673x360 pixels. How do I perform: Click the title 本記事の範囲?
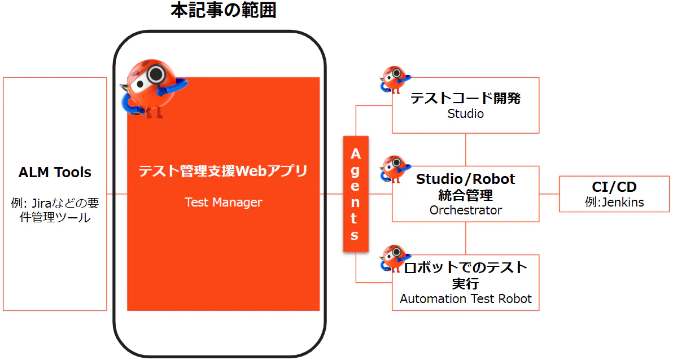(223, 10)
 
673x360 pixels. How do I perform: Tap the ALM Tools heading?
(55, 173)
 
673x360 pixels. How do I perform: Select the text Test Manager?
(223, 202)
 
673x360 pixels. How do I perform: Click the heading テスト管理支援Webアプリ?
(223, 171)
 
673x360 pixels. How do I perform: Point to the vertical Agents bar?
(356, 194)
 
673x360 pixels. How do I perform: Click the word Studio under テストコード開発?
(466, 114)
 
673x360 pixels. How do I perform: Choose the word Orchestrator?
(466, 210)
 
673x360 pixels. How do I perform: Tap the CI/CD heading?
(614, 187)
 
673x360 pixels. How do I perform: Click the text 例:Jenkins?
(614, 202)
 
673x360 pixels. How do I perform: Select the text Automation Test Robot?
(466, 298)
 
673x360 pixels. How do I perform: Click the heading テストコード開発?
(466, 98)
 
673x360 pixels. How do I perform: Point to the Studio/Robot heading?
(466, 179)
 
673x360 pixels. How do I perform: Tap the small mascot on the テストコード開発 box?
(395, 80)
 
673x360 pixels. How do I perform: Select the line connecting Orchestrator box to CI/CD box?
(549, 194)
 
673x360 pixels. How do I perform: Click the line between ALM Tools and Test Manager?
(117, 194)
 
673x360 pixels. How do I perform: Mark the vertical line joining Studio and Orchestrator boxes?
(466, 150)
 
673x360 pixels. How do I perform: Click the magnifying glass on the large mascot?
(155, 74)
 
